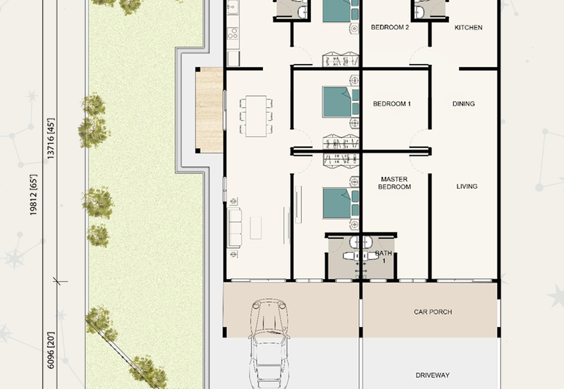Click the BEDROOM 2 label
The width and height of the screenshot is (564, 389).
[x=390, y=27]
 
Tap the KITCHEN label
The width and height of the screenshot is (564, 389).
[x=468, y=27]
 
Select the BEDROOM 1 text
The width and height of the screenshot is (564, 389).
[x=392, y=104]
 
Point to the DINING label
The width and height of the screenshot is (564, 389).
[x=464, y=104]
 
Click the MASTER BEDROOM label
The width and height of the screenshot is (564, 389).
[x=394, y=183]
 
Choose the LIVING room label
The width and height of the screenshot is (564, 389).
[x=467, y=187]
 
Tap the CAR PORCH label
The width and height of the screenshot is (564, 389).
[x=433, y=312]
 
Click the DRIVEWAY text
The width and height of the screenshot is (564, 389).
[x=432, y=376]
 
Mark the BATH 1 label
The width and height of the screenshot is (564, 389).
[x=384, y=257]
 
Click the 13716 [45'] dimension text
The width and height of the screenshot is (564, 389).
[x=51, y=138]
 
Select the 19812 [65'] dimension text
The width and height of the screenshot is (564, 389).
[x=33, y=195]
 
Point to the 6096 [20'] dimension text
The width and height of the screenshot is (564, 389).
[x=51, y=350]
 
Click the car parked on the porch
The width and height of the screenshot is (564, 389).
[x=269, y=344]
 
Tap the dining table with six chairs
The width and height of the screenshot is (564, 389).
[x=256, y=116]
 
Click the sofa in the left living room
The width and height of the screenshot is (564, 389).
[x=235, y=228]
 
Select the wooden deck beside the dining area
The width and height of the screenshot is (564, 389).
[x=209, y=111]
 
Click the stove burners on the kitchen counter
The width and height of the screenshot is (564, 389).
[x=233, y=33]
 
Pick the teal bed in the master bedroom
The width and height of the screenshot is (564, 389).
[x=341, y=204]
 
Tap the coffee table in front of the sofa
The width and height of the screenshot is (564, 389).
[x=256, y=228]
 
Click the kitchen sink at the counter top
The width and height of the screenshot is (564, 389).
[x=233, y=7]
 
